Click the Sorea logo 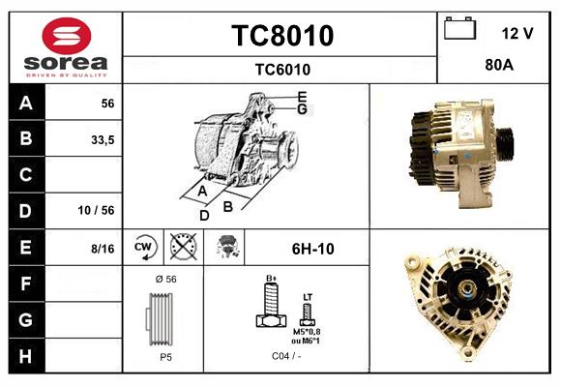tap(66, 47)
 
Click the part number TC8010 tap(281, 36)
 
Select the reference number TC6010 tap(281, 69)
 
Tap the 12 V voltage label tap(517, 33)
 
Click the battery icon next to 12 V tap(459, 30)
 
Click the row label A tap(26, 104)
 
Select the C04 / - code tap(286, 356)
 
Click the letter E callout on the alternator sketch tap(302, 96)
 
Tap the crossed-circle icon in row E tap(182, 248)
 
